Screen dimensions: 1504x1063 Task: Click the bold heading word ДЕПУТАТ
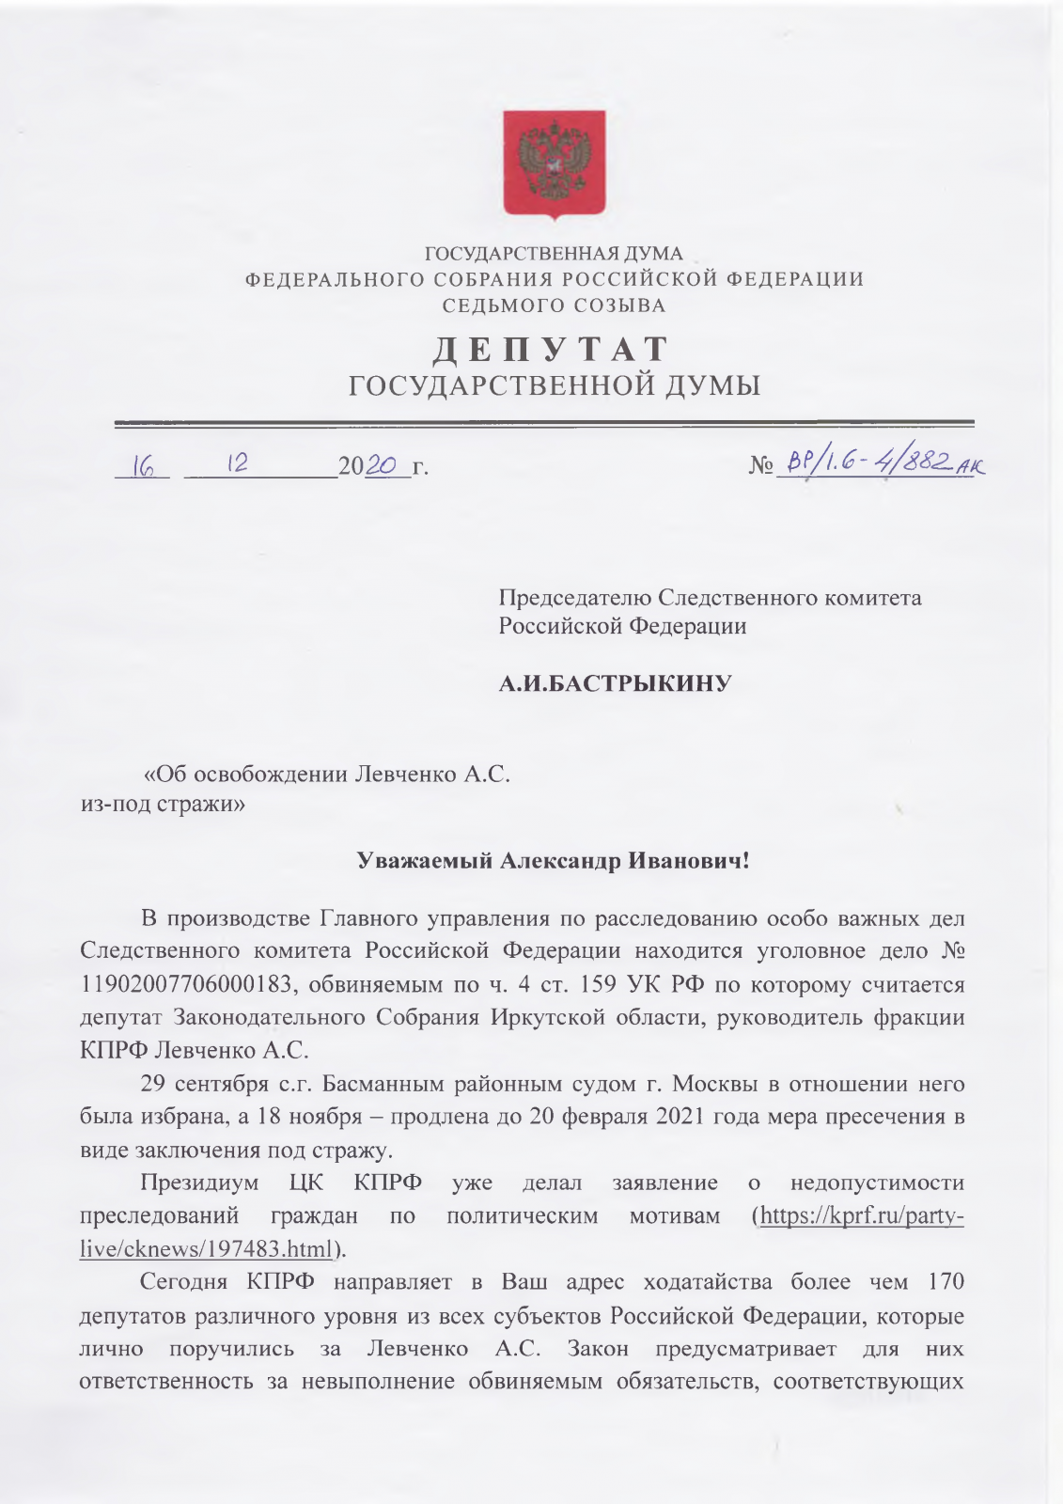(551, 350)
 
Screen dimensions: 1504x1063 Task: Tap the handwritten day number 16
(144, 467)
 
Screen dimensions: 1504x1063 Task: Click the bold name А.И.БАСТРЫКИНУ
(615, 682)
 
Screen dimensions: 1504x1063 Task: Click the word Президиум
(199, 1183)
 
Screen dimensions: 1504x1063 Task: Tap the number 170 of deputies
(945, 1282)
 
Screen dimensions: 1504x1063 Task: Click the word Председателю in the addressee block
(574, 598)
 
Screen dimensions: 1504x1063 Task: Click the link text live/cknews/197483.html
(208, 1249)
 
